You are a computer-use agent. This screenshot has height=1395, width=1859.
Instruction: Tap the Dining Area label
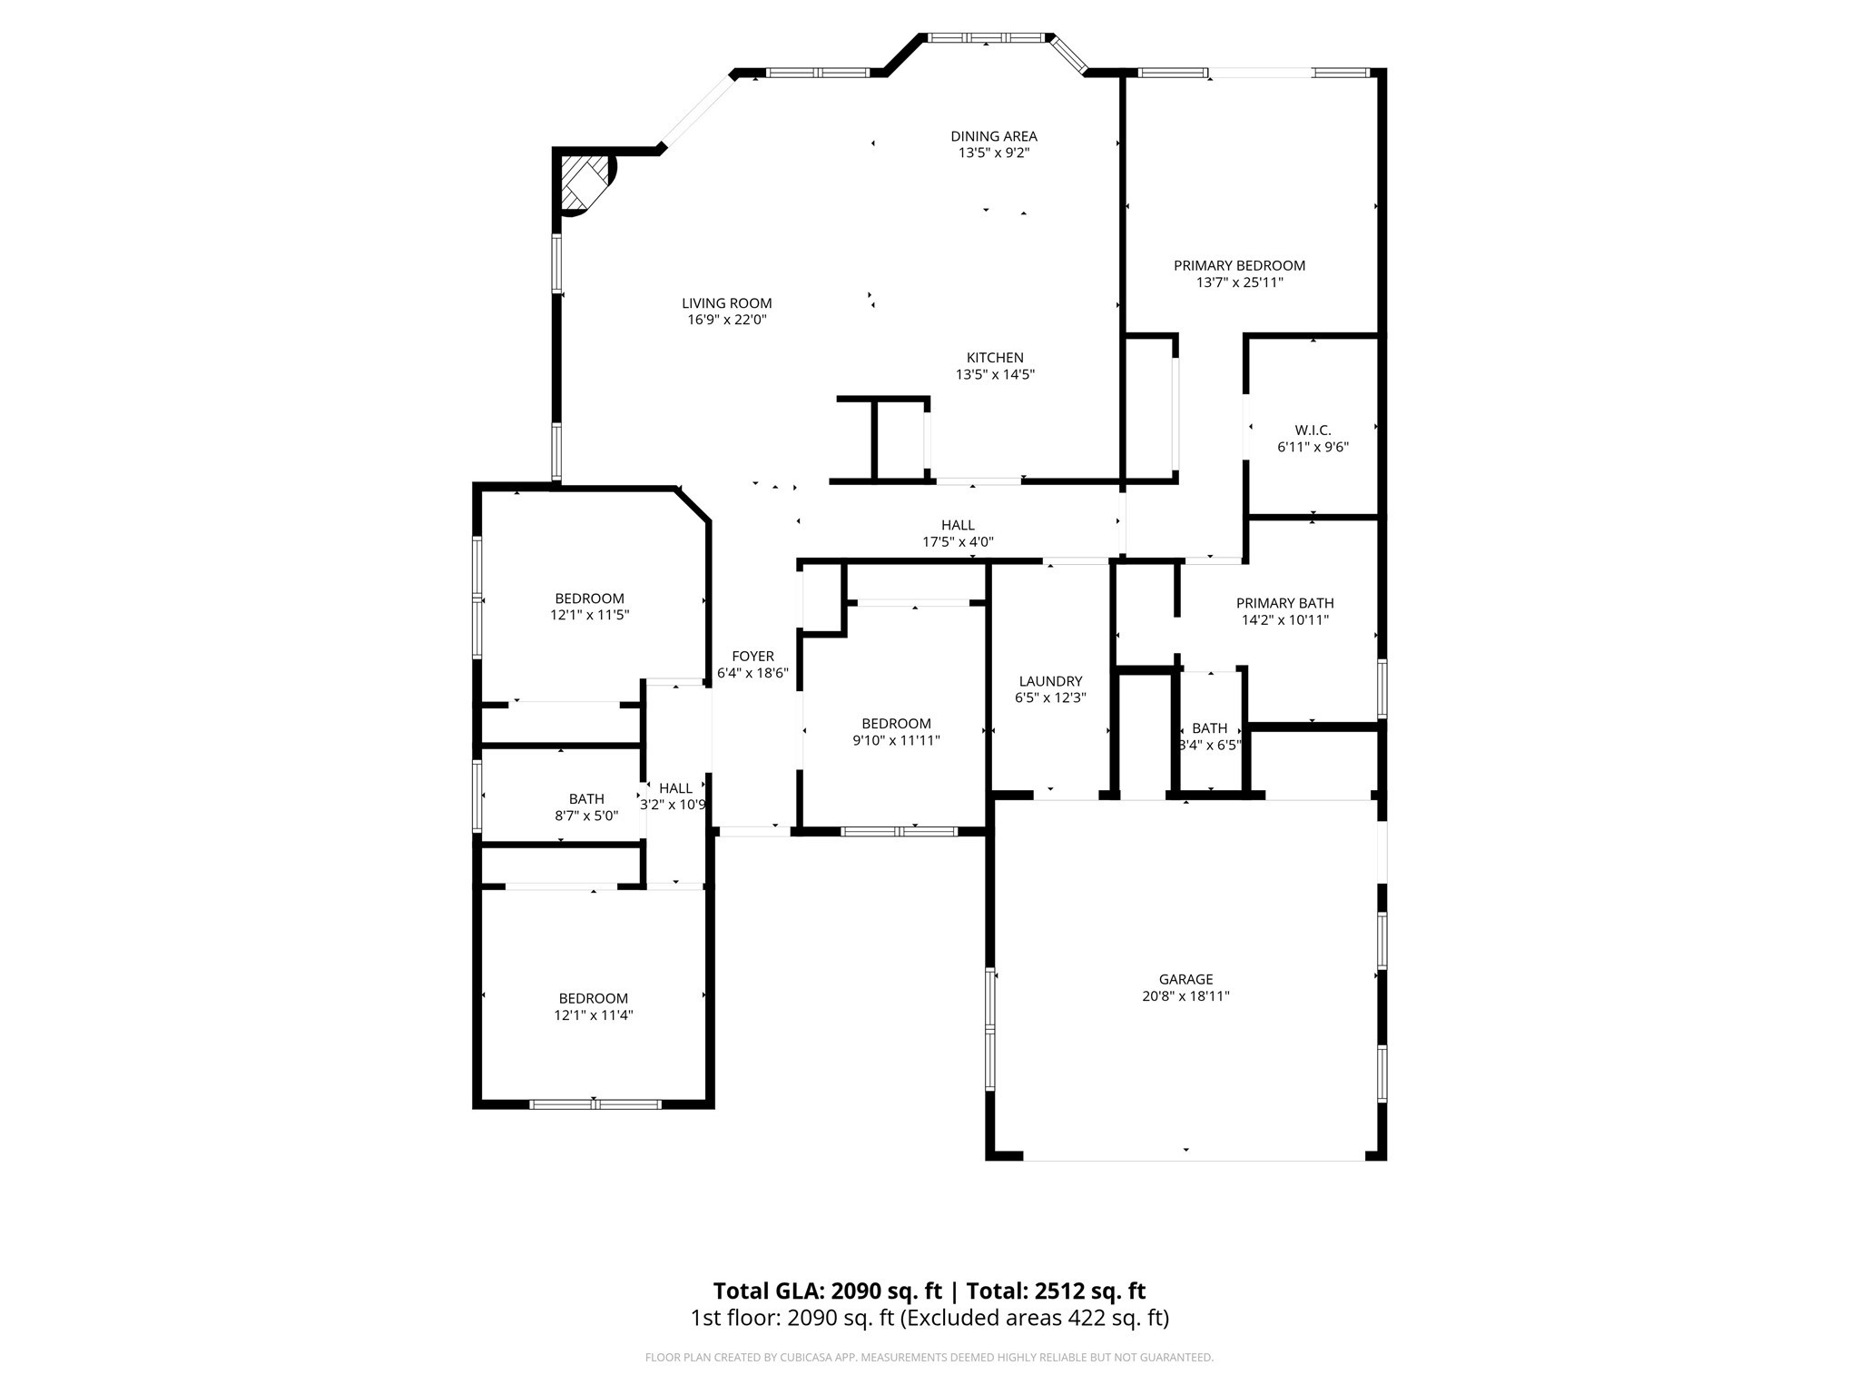click(994, 136)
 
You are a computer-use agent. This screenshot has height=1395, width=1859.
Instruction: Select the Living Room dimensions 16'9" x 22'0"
click(727, 320)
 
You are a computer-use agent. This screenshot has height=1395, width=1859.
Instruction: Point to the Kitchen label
click(995, 358)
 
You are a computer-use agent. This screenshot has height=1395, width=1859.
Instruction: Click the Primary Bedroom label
click(1239, 266)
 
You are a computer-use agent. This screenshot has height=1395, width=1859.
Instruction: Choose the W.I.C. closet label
click(1313, 430)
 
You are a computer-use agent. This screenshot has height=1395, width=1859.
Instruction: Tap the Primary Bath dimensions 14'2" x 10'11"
click(1285, 620)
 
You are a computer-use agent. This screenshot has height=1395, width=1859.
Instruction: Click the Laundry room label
click(1050, 681)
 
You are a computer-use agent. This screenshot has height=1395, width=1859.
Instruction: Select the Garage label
click(1185, 979)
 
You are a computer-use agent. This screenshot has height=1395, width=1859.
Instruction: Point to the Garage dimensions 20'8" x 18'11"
click(1185, 996)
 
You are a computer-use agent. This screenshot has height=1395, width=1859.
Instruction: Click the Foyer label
click(752, 657)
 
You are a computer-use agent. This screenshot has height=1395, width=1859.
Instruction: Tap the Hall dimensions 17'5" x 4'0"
click(958, 542)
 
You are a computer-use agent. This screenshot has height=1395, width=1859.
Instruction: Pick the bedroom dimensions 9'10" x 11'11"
click(896, 740)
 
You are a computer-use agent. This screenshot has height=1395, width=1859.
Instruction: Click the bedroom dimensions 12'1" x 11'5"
click(590, 615)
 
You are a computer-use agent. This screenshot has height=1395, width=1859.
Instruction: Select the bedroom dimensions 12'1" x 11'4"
click(594, 1015)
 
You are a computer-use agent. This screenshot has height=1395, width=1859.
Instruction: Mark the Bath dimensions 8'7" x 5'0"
click(586, 816)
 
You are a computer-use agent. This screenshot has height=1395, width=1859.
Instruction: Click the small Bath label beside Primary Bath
click(1209, 728)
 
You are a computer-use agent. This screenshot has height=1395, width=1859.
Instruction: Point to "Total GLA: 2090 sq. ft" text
click(828, 1291)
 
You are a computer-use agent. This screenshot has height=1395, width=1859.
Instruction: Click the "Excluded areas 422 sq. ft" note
click(1034, 1318)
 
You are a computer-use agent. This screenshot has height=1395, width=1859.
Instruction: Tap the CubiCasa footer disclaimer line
click(929, 1358)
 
